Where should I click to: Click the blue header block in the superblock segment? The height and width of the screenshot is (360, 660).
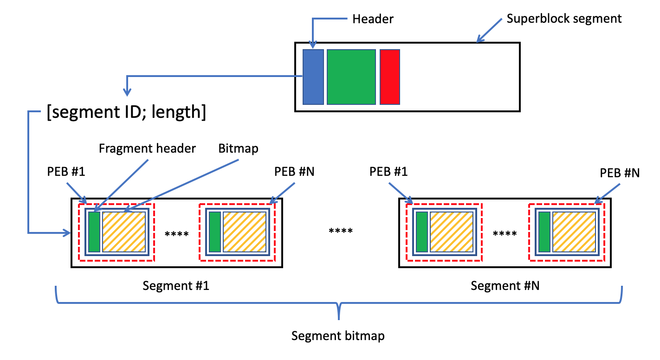pyautogui.click(x=313, y=77)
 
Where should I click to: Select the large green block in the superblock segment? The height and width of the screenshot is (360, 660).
pyautogui.click(x=351, y=77)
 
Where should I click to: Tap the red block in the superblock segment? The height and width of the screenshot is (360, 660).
pyautogui.click(x=390, y=77)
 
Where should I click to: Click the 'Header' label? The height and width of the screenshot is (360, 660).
pyautogui.click(x=373, y=19)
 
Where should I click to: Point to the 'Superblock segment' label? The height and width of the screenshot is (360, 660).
pyautogui.click(x=564, y=19)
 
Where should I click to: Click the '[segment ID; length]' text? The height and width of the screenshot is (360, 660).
pyautogui.click(x=126, y=112)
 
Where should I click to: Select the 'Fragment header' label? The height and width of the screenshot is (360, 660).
pyautogui.click(x=147, y=148)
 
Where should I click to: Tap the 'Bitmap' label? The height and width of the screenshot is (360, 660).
pyautogui.click(x=238, y=148)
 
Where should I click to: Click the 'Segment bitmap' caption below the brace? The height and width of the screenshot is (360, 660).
pyautogui.click(x=338, y=336)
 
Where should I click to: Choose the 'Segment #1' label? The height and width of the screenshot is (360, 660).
pyautogui.click(x=176, y=286)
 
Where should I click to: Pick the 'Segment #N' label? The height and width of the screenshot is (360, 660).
pyautogui.click(x=505, y=286)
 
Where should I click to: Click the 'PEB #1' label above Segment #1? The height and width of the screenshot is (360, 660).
pyautogui.click(x=66, y=172)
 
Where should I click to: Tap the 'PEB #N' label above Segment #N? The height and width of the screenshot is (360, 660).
pyautogui.click(x=620, y=173)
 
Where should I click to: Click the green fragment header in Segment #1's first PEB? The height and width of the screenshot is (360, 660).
pyautogui.click(x=94, y=232)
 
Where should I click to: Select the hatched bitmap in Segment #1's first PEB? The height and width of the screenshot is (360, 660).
pyautogui.click(x=124, y=232)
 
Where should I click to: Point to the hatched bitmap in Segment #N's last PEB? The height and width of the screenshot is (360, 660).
pyautogui.click(x=574, y=232)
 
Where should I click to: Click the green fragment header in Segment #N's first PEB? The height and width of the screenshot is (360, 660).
pyautogui.click(x=422, y=232)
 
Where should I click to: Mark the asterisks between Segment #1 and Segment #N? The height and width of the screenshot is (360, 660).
pyautogui.click(x=341, y=231)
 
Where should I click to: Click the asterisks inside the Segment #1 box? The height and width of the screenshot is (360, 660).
pyautogui.click(x=176, y=234)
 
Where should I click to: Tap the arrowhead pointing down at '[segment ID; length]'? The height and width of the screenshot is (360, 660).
pyautogui.click(x=127, y=92)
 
